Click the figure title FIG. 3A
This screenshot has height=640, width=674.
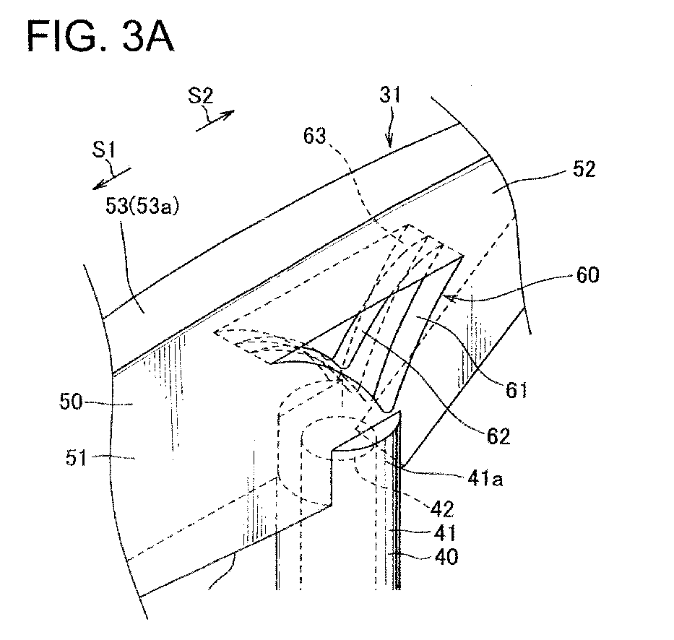[100, 37]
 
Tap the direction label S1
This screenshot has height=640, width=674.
[104, 150]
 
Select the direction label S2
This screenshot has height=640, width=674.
[200, 95]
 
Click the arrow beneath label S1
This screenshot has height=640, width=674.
[112, 178]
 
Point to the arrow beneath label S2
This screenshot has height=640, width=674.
[215, 121]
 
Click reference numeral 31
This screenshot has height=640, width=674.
[390, 95]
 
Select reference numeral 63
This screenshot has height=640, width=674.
[315, 136]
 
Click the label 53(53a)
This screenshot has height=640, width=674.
[142, 207]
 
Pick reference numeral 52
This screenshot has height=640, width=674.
[584, 169]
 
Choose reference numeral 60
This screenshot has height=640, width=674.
[587, 274]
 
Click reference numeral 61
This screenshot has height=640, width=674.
[516, 390]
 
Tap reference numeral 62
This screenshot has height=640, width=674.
[498, 436]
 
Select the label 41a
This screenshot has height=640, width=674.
[485, 478]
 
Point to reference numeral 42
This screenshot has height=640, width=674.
[442, 509]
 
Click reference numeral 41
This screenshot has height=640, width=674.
[445, 533]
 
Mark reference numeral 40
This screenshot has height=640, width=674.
[446, 557]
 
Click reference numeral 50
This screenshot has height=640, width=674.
[71, 402]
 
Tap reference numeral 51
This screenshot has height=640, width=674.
[76, 458]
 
